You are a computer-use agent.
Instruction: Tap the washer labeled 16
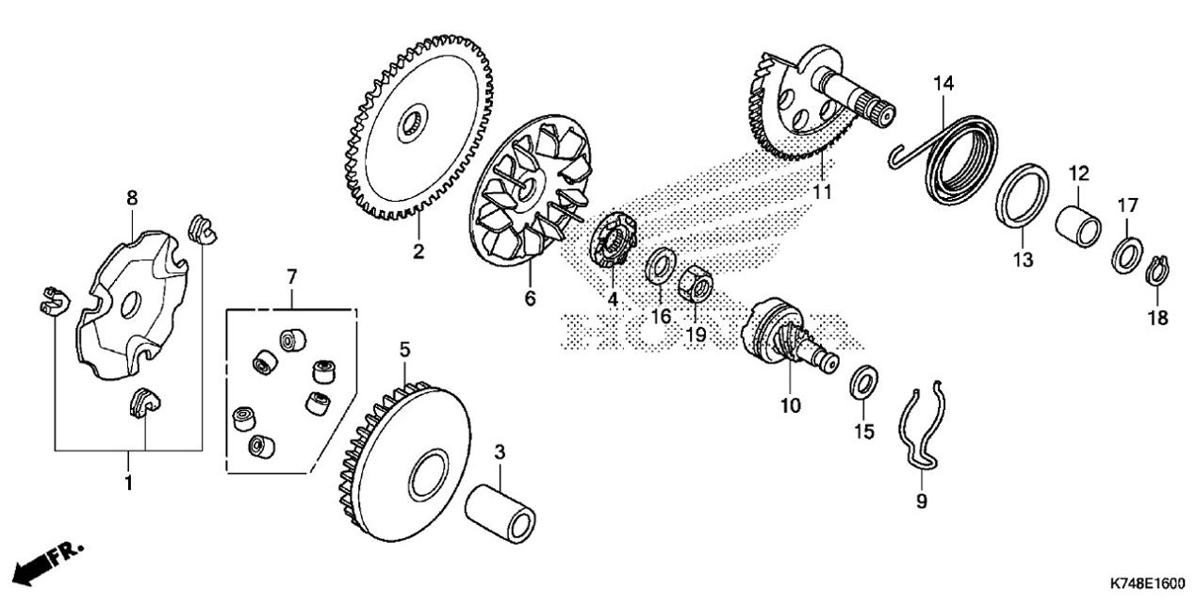tap(661, 266)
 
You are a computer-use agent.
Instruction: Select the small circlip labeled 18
tap(1157, 271)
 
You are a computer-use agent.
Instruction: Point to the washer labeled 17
tap(1126, 256)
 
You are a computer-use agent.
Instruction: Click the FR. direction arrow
tap(41, 567)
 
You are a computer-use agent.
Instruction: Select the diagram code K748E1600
tap(1147, 584)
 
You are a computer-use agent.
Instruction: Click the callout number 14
tap(943, 83)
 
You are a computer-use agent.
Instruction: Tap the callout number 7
tap(291, 277)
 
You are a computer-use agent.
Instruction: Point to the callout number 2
tap(418, 251)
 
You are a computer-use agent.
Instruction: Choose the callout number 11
tap(822, 191)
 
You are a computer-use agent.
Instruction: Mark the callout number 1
tap(128, 483)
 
